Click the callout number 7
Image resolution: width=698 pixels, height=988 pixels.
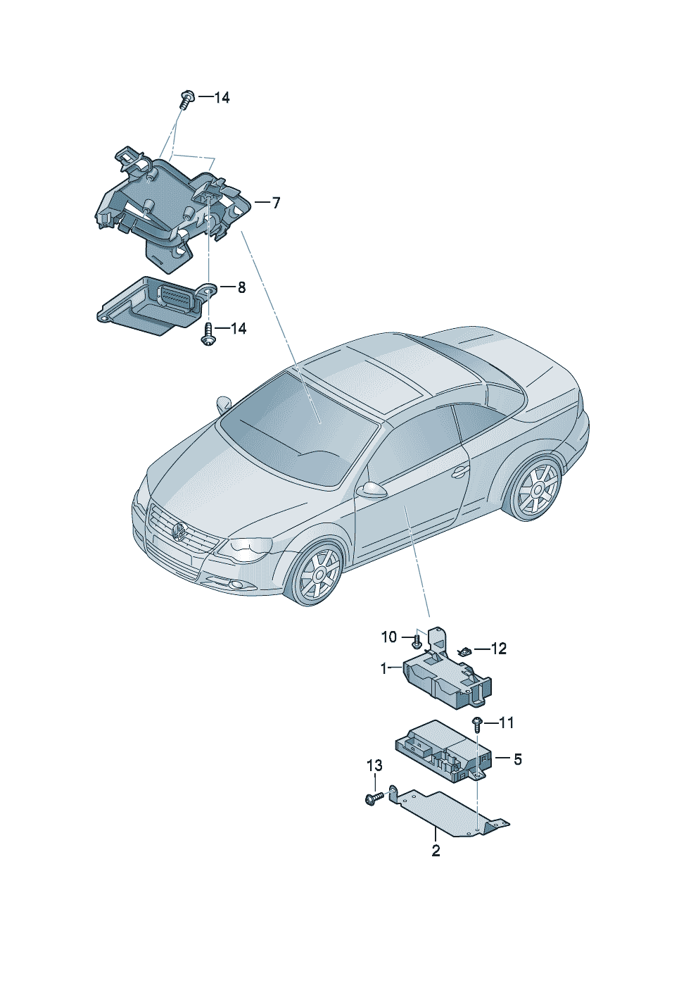click(x=276, y=204)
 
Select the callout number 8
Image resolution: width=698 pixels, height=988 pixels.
click(x=241, y=287)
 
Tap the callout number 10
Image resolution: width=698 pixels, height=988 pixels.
click(x=389, y=637)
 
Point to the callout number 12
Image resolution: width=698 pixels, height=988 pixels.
click(x=498, y=649)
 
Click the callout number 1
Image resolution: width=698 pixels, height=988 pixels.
click(x=384, y=668)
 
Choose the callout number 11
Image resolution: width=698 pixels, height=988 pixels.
click(x=507, y=723)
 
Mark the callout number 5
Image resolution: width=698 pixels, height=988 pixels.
click(x=518, y=760)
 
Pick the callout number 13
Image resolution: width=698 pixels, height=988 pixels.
click(x=374, y=765)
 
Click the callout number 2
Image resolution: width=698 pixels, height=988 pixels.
click(x=436, y=851)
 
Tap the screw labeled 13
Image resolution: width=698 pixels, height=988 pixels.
click(x=375, y=797)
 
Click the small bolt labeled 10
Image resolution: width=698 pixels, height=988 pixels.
click(x=417, y=642)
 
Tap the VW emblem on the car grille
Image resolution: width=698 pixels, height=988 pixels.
click(x=179, y=530)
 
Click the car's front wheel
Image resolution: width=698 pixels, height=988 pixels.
click(x=318, y=573)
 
